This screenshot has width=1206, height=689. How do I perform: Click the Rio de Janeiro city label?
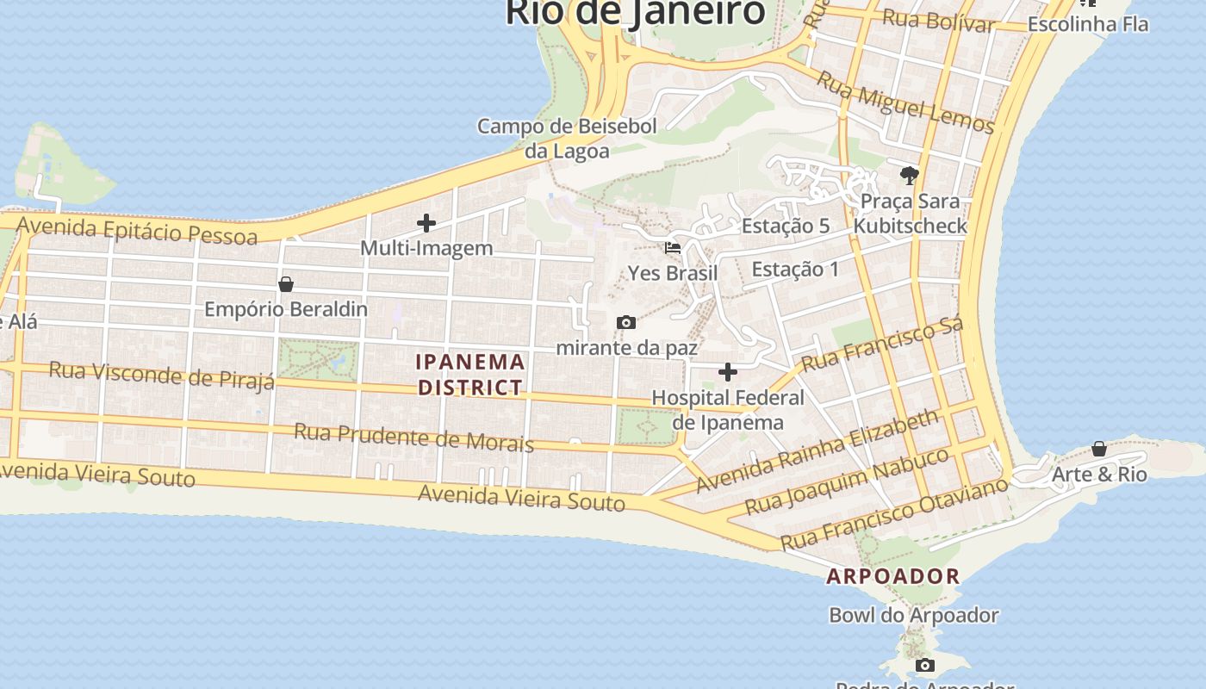[635, 12]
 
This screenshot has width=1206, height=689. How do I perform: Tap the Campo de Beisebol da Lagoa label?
[567, 139]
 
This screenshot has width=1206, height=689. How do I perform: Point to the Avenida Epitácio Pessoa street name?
[137, 230]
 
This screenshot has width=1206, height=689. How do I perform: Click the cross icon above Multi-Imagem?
[426, 223]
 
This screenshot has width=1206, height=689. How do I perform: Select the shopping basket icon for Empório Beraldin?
[286, 284]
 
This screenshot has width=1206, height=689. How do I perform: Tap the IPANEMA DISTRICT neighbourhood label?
[470, 375]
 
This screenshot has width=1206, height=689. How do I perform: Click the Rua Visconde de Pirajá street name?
[162, 375]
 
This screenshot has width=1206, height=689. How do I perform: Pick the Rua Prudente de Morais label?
[413, 437]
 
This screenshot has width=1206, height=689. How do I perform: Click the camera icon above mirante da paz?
[626, 323]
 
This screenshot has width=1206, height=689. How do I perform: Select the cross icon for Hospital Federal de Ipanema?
[728, 372]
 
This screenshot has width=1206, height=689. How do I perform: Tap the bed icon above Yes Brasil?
[673, 248]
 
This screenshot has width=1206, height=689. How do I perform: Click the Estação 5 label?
[786, 227]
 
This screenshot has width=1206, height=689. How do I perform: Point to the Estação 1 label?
[795, 270]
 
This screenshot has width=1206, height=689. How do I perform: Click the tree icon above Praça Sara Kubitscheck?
[909, 177]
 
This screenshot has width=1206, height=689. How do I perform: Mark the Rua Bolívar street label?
[939, 20]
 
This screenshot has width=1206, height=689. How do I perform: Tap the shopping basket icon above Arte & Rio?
[1099, 449]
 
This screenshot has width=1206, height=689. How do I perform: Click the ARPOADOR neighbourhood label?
[893, 576]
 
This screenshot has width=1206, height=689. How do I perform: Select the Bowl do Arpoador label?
[914, 616]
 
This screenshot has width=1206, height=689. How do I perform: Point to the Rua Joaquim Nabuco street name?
[847, 481]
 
